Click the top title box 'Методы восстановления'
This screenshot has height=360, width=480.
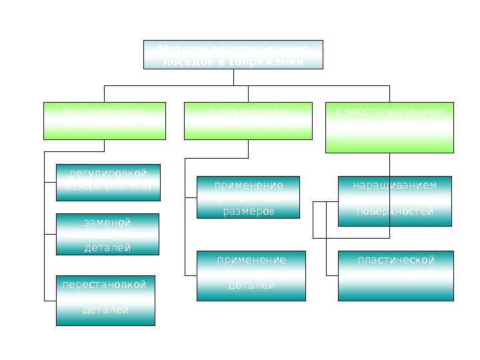233,55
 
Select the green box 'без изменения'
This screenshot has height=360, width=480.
103,121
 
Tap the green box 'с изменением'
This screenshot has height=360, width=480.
247,121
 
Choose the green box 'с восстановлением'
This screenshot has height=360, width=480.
389,127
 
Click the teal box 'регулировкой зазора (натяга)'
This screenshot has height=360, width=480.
108,182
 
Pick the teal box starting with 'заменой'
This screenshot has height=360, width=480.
107,234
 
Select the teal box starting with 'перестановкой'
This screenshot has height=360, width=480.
105,300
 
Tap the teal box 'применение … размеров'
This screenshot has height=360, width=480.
248,197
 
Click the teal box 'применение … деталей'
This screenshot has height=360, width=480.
251,275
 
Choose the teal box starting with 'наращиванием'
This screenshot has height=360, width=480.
395,201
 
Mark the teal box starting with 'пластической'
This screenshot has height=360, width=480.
395,275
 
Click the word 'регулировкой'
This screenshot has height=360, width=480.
108,175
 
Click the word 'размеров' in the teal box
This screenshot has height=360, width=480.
248,211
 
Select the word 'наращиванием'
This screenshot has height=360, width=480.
395,185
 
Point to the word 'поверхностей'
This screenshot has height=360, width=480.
395,211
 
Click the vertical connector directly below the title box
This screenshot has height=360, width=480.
233,77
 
